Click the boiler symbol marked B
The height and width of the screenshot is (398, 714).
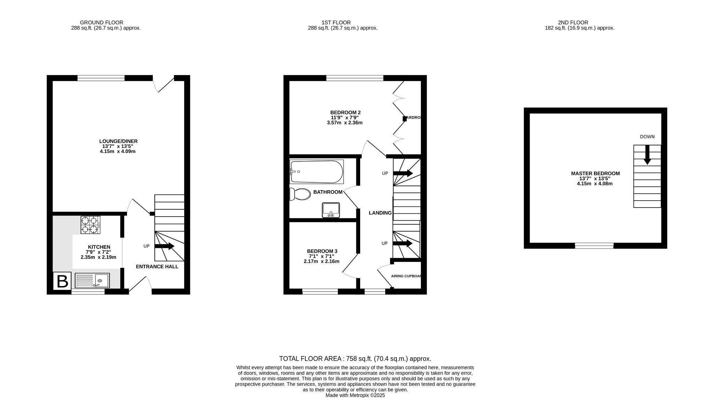pyautogui.click(x=62, y=281)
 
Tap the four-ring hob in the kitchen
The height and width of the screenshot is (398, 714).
pyautogui.click(x=90, y=225)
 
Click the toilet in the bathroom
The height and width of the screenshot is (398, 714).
pyautogui.click(x=300, y=194)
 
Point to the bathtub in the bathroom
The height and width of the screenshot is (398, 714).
pyautogui.click(x=317, y=172)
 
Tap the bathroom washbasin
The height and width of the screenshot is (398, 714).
pyautogui.click(x=331, y=210)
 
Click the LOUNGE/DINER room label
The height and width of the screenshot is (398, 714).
pyautogui.click(x=118, y=141)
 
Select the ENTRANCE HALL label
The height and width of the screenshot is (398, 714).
pyautogui.click(x=157, y=266)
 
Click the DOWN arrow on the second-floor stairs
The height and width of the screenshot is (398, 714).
pyautogui.click(x=647, y=155)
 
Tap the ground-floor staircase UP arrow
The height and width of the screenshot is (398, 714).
pyautogui.click(x=165, y=246)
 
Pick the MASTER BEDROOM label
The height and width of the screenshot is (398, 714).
pyautogui.click(x=595, y=173)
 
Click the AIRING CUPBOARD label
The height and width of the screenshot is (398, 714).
pyautogui.click(x=406, y=276)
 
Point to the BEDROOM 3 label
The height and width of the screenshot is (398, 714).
pyautogui.click(x=322, y=251)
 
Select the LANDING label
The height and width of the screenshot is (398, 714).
pyautogui.click(x=380, y=213)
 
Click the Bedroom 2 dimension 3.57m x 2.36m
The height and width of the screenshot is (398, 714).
pyautogui.click(x=344, y=123)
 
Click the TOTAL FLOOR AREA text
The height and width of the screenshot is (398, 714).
pyautogui.click(x=355, y=359)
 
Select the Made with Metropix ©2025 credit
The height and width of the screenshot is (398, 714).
pyautogui.click(x=355, y=395)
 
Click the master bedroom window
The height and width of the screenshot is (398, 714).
pyautogui.click(x=594, y=246)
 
